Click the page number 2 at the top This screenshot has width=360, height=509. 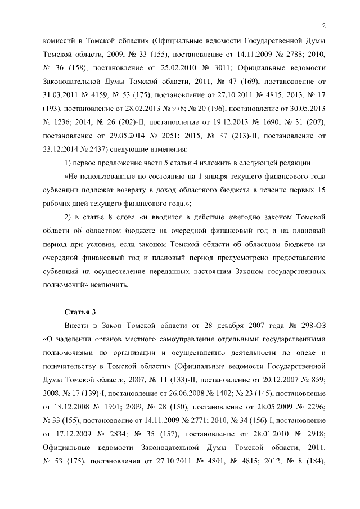(325, 25)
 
